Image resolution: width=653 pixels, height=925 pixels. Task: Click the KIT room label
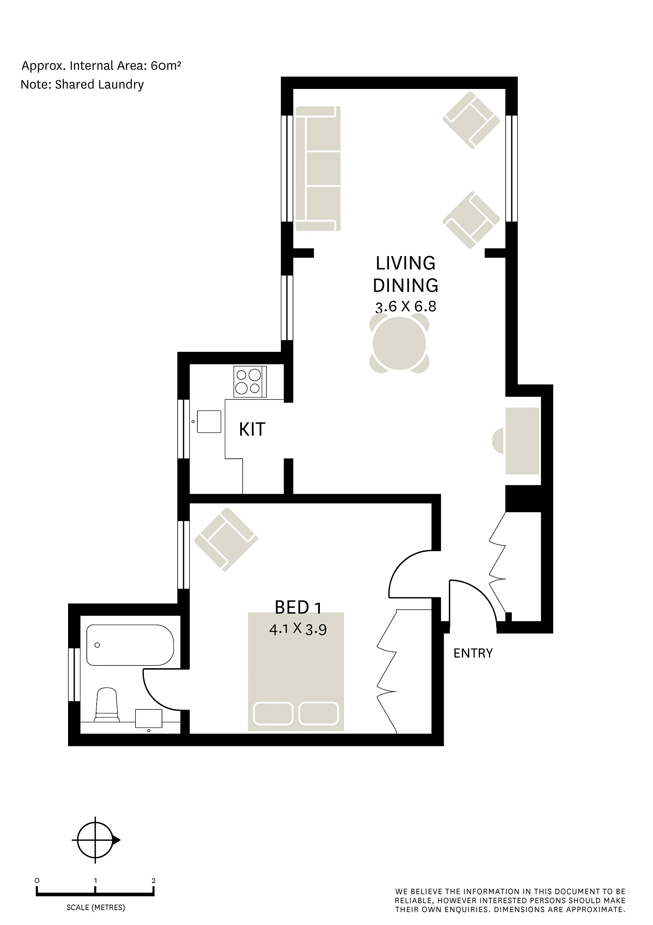coord(252,429)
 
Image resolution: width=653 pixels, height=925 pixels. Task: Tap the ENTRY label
coord(473,653)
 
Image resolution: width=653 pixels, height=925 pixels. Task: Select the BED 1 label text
coord(298,608)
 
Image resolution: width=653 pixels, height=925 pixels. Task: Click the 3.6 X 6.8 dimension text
coord(405,307)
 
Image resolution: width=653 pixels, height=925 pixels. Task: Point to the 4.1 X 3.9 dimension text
coord(297,629)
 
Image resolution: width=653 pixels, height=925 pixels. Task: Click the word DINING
coord(405,285)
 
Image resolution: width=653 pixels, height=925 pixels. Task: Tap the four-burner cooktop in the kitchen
coord(250,381)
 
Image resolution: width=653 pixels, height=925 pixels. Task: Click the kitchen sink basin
coord(209,421)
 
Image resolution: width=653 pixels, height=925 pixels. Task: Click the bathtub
coord(130,645)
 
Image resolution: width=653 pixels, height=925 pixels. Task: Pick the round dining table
coord(399,343)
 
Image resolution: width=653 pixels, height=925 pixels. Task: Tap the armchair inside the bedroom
coord(226,539)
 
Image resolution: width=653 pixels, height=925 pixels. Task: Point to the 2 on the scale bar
coord(153,881)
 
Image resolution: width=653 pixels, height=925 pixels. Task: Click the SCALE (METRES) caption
coord(96,907)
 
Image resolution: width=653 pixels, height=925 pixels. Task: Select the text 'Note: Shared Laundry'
coord(82,84)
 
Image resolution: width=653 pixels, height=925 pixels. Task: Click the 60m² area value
coord(166,65)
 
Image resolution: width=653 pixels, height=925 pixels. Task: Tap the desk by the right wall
coord(522,441)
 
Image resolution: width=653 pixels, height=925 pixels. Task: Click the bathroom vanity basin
coord(149,719)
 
